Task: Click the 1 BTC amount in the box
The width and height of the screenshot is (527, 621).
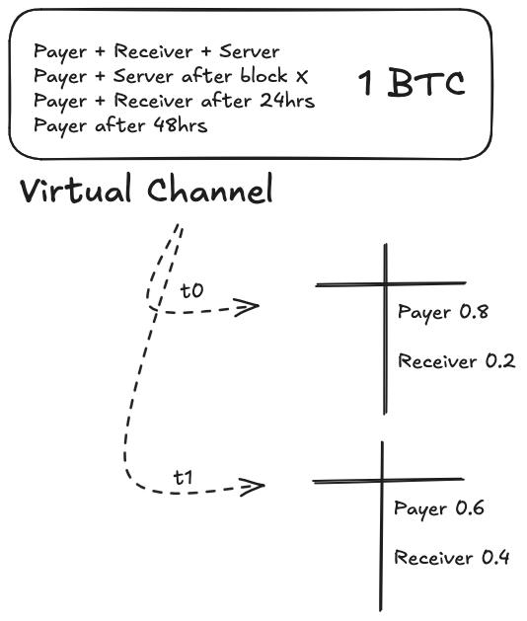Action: pyautogui.click(x=411, y=84)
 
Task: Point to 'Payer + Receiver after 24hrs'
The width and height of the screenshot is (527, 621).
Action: pyautogui.click(x=174, y=101)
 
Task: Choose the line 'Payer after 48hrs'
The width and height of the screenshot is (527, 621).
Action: pyautogui.click(x=120, y=125)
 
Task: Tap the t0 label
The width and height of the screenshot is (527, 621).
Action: pyautogui.click(x=191, y=291)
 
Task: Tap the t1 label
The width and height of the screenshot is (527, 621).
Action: pyautogui.click(x=184, y=478)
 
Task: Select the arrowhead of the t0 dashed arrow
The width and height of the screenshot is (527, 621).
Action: pyautogui.click(x=249, y=307)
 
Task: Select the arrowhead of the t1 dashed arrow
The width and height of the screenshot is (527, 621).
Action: pyautogui.click(x=255, y=485)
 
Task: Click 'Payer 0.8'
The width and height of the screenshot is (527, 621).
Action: pyautogui.click(x=443, y=313)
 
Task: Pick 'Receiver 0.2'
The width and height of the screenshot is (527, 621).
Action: pyautogui.click(x=456, y=361)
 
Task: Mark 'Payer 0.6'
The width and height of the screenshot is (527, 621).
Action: pyautogui.click(x=439, y=509)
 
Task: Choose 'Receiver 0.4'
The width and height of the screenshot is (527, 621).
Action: pyautogui.click(x=452, y=558)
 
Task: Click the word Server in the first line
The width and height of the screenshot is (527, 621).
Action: pyautogui.click(x=251, y=51)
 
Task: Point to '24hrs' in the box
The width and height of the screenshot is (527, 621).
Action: pyautogui.click(x=287, y=101)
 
